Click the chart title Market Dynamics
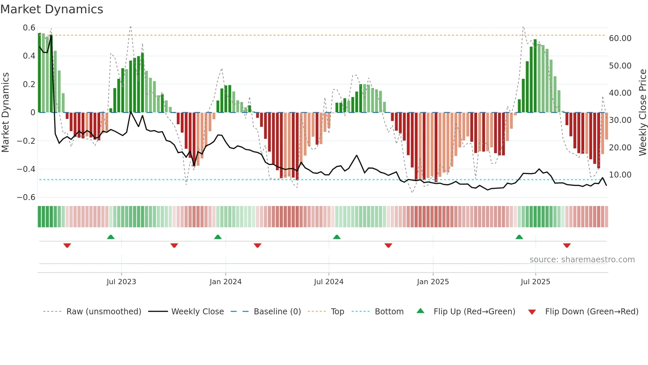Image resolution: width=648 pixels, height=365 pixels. pyautogui.click(x=52, y=9)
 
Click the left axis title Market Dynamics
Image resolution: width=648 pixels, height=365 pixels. pyautogui.click(x=5, y=112)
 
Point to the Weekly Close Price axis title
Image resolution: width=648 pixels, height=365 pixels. pyautogui.click(x=642, y=112)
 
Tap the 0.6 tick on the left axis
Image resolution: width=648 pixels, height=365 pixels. pyautogui.click(x=29, y=28)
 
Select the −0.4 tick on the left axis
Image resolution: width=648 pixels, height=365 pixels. pyautogui.click(x=26, y=169)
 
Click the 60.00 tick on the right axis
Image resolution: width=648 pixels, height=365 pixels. pyautogui.click(x=620, y=38)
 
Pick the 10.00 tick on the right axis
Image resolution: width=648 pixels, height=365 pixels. pyautogui.click(x=620, y=175)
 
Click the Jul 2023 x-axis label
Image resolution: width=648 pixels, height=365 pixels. pyautogui.click(x=121, y=282)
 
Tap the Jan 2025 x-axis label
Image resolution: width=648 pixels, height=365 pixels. pyautogui.click(x=433, y=282)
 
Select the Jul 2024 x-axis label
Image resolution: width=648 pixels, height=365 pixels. pyautogui.click(x=329, y=282)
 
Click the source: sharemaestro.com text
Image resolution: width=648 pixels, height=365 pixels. pyautogui.click(x=582, y=260)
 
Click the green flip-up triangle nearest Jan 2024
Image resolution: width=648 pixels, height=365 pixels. pyautogui.click(x=218, y=237)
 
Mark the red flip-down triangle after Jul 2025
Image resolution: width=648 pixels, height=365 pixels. pyautogui.click(x=567, y=245)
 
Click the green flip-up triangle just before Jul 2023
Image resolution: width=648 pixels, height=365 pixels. pyautogui.click(x=111, y=237)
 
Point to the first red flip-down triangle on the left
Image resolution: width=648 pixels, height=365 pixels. pyautogui.click(x=67, y=245)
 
